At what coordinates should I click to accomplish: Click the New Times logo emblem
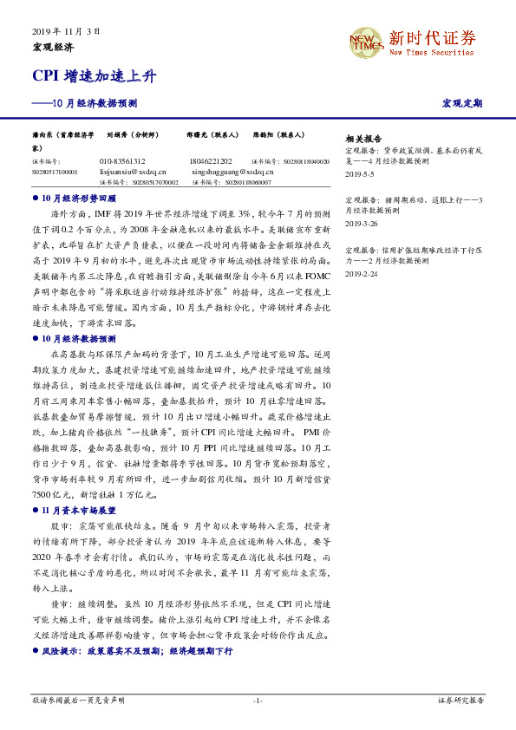coord(365,43)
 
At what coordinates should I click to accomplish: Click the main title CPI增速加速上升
coord(95,75)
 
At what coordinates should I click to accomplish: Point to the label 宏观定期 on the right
coord(462,103)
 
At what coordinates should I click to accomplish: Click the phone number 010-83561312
coord(123,161)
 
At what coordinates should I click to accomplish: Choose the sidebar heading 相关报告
coord(363,139)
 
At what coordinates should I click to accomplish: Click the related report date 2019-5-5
coord(360,173)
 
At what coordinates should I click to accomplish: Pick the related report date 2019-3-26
coord(362,223)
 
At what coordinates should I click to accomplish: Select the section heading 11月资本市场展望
coord(79,512)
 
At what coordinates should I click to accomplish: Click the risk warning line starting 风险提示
coord(138,650)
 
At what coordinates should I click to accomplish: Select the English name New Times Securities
coord(431,53)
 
